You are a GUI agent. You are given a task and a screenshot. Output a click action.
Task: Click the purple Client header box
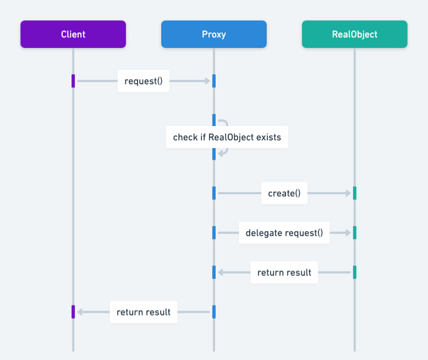click(73, 34)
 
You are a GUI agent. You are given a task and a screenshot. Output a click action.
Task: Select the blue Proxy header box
click(213, 34)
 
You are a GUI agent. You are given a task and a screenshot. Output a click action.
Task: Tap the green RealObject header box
click(354, 34)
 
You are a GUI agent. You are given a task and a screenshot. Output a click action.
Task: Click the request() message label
click(144, 81)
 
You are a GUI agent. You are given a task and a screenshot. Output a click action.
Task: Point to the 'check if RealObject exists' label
click(227, 137)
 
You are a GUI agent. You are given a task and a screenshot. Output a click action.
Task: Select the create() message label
click(284, 193)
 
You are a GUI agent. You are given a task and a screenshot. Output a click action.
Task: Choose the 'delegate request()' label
click(284, 233)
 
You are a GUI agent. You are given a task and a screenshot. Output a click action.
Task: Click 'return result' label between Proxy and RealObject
click(284, 272)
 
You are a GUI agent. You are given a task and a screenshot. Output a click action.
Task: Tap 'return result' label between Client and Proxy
click(144, 312)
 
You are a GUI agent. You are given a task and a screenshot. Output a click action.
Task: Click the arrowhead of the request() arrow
click(208, 81)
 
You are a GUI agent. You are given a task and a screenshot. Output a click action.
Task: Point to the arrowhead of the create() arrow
click(348, 193)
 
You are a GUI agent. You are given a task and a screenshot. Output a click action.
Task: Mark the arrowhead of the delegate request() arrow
click(348, 233)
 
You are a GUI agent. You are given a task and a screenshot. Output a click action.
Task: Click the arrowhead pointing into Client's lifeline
click(79, 312)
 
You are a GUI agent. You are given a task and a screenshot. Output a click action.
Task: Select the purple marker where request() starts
click(73, 81)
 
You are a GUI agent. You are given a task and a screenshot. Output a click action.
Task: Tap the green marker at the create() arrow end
click(354, 193)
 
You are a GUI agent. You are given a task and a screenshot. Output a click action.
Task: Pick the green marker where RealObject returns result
click(354, 272)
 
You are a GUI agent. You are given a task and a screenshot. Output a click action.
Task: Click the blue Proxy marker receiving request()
click(213, 81)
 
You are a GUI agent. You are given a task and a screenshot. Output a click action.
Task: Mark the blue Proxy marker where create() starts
click(213, 193)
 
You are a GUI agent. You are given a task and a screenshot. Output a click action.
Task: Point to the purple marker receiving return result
click(73, 312)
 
